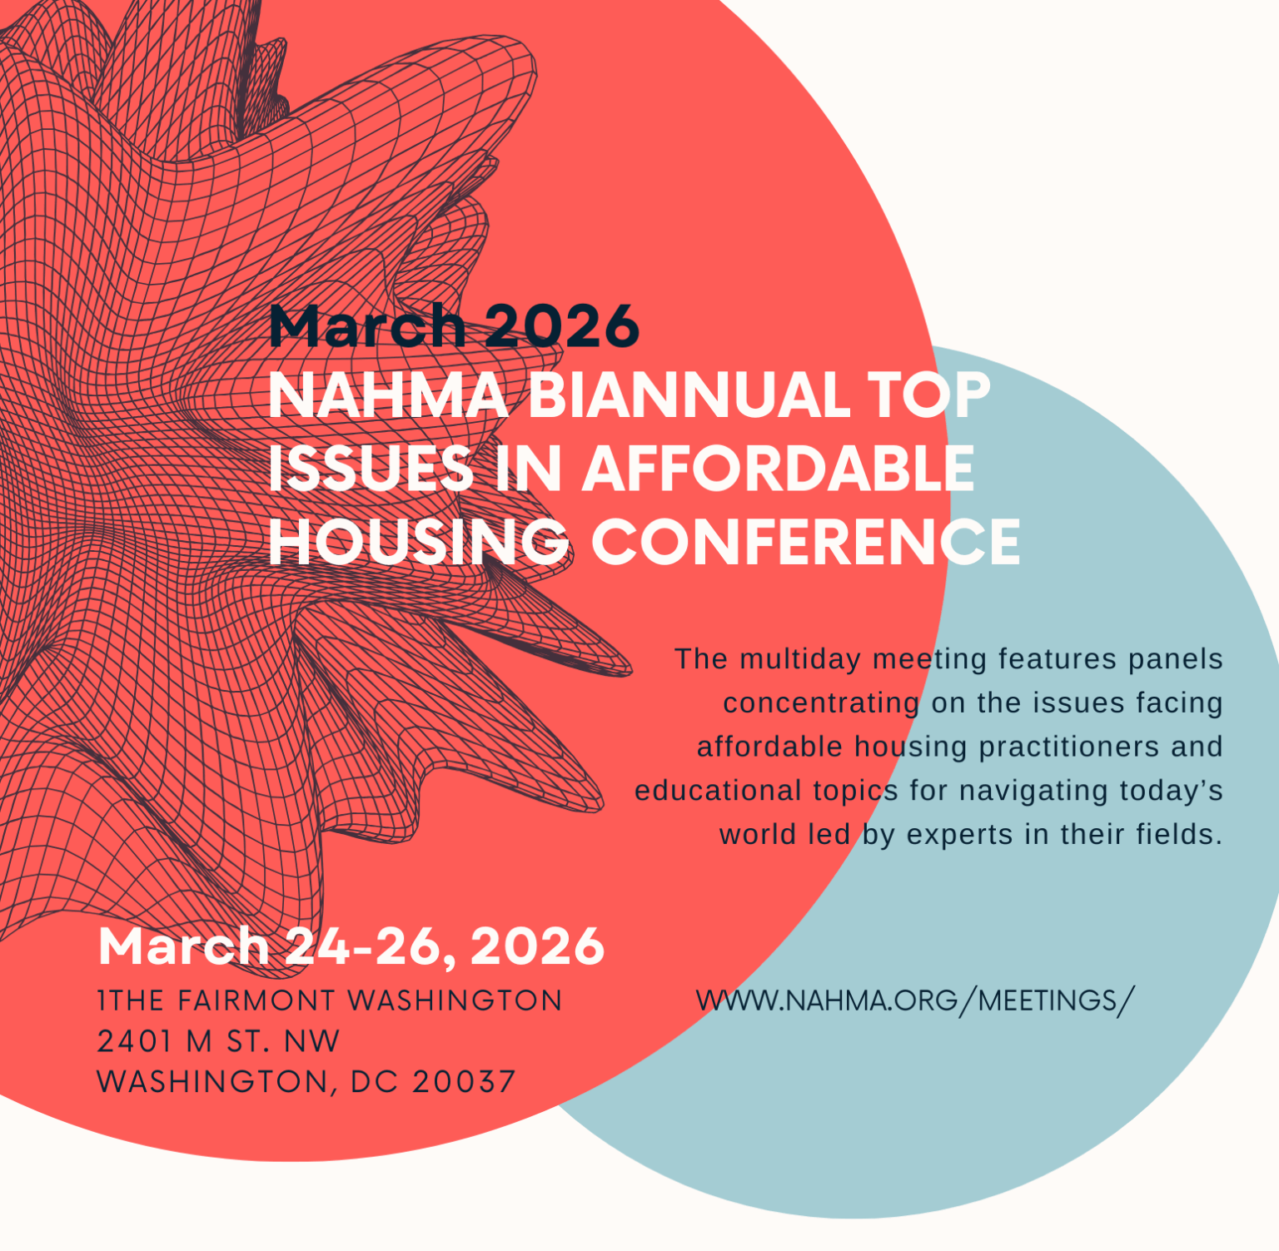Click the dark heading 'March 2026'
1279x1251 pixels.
click(454, 326)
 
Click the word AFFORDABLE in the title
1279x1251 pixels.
click(778, 469)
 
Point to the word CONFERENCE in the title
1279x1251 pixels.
click(805, 542)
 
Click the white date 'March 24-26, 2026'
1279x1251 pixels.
click(351, 946)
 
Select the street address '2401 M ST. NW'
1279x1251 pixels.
click(218, 1041)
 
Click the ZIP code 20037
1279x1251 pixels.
click(464, 1082)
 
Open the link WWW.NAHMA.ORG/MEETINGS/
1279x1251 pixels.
click(915, 1000)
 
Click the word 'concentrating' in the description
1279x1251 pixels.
click(821, 703)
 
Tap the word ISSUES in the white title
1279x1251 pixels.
click(371, 469)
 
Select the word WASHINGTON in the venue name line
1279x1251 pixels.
click(455, 1000)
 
